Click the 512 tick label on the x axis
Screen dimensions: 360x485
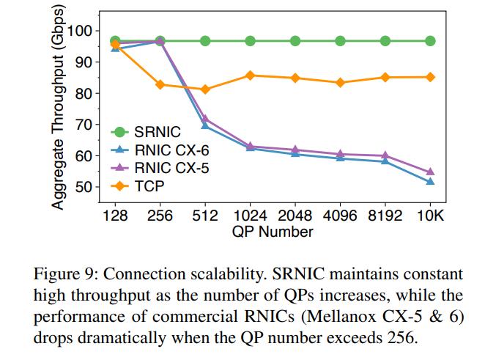(x=205, y=216)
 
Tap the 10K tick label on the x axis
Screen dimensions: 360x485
(x=430, y=216)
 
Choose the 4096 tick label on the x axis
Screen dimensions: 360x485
(x=340, y=216)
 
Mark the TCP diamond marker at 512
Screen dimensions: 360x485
(x=205, y=89)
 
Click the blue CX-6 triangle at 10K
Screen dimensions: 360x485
(x=430, y=182)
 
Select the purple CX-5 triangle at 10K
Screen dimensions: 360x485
(x=430, y=172)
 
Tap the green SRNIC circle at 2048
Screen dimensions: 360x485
(x=295, y=41)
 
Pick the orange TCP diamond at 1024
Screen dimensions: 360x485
(x=250, y=76)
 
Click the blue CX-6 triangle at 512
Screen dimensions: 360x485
(x=205, y=126)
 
